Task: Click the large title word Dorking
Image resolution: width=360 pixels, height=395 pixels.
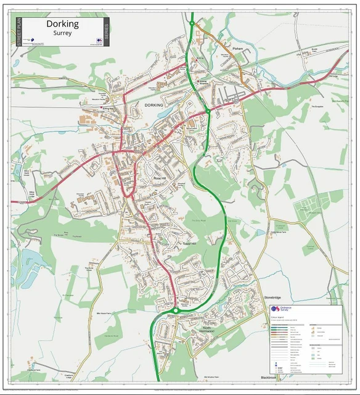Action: pos(62,24)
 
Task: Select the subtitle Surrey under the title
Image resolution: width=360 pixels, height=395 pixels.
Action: pos(62,33)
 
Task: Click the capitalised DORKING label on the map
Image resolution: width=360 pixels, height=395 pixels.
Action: pos(153,106)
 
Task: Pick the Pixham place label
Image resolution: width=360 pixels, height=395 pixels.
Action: pos(238,48)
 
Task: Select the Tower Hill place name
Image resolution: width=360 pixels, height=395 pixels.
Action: pos(189,244)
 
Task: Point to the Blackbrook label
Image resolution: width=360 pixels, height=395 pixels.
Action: pos(269,377)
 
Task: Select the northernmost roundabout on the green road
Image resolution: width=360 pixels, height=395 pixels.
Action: pos(192,23)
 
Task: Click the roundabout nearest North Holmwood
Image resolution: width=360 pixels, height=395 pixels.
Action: pos(175,310)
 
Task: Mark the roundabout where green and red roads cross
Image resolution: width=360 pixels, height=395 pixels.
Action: pos(208,111)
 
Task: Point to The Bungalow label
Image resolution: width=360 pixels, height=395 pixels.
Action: pos(317,107)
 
